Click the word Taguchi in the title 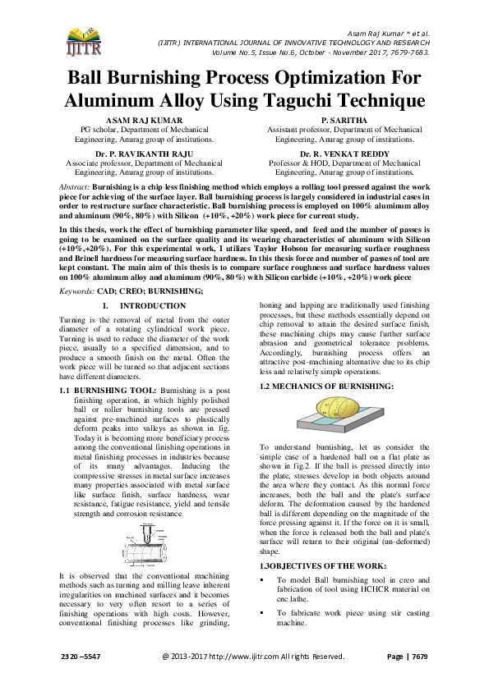308,100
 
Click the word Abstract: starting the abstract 76,188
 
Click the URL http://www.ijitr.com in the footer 250,657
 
